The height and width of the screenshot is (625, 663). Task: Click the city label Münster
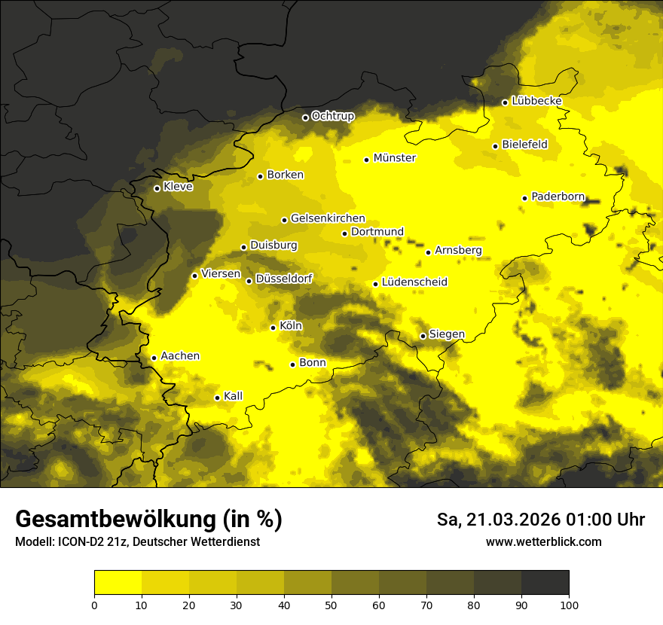tap(395, 158)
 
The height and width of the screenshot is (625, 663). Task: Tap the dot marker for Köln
tap(273, 328)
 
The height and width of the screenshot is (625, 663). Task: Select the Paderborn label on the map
tap(558, 197)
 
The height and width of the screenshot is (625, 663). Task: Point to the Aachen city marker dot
tap(154, 358)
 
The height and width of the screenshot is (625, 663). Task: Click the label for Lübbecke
tap(536, 101)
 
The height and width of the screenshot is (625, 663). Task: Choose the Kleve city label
tap(178, 187)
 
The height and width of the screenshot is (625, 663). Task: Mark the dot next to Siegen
tap(423, 336)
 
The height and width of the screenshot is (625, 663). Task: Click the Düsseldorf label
tap(284, 279)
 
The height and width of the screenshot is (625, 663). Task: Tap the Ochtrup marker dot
tap(305, 117)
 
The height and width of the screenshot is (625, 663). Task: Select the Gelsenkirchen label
tap(328, 218)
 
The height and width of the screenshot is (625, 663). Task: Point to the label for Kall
tap(233, 396)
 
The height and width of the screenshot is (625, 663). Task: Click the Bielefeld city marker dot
tap(495, 146)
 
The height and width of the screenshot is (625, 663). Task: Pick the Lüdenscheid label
tap(414, 282)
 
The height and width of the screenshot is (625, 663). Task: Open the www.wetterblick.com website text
tap(543, 542)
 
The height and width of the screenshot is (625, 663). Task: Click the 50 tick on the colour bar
tap(331, 605)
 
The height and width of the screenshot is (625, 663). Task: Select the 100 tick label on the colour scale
tap(568, 605)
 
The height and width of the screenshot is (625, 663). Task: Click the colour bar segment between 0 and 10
tap(118, 582)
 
